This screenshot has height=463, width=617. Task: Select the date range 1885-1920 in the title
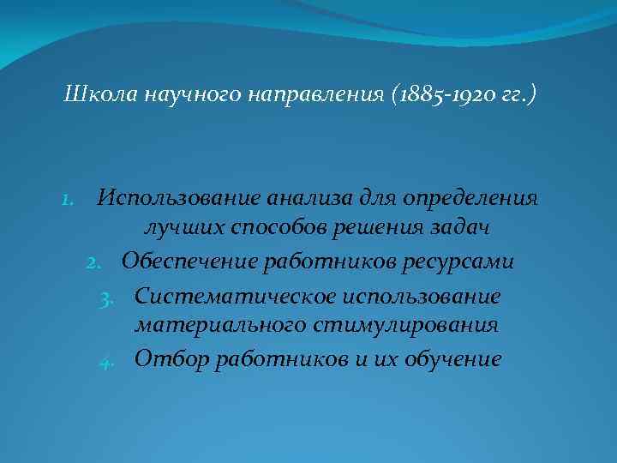440,93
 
